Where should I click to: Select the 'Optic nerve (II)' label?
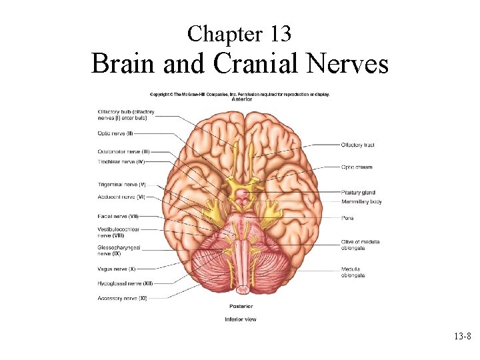115,133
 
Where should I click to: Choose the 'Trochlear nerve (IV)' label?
121,161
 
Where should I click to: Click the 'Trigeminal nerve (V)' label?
121,184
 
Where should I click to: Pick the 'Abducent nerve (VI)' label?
121,197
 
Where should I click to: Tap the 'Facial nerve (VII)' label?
117,216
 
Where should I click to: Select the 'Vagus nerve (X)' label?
116,269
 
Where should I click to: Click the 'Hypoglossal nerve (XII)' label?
125,283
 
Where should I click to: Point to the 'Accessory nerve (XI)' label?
122,299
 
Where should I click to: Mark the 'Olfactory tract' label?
357,145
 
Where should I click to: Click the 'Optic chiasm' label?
356,167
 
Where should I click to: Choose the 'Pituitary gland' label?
358,193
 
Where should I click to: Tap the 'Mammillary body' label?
361,201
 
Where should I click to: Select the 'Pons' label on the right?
347,218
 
